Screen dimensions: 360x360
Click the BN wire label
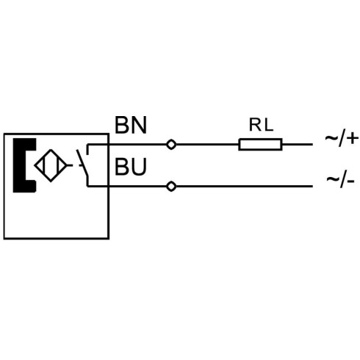[x=131, y=125]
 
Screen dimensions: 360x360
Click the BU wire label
[x=131, y=167]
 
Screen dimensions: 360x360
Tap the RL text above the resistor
[x=261, y=125]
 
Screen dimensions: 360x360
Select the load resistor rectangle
[x=260, y=144]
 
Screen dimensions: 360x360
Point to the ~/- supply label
[x=340, y=180]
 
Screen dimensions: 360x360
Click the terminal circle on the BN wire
[x=171, y=145]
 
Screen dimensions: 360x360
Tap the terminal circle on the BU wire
[x=171, y=187]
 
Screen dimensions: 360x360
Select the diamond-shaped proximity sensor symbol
[x=51, y=165]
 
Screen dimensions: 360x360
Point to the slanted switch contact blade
[x=82, y=162]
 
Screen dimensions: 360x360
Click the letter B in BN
[x=121, y=125]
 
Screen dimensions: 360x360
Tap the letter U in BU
[x=140, y=167]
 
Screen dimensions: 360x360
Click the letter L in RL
[x=268, y=125]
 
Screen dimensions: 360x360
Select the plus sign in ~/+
[x=353, y=138]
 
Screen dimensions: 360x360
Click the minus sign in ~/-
[x=350, y=181]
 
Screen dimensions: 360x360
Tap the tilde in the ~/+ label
[x=331, y=137]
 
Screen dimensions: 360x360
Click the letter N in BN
[x=139, y=125]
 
